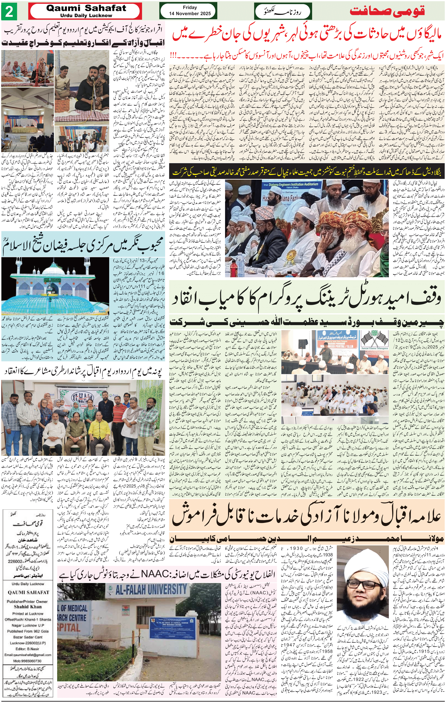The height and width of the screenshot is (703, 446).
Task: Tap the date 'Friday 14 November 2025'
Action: (189, 10)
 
